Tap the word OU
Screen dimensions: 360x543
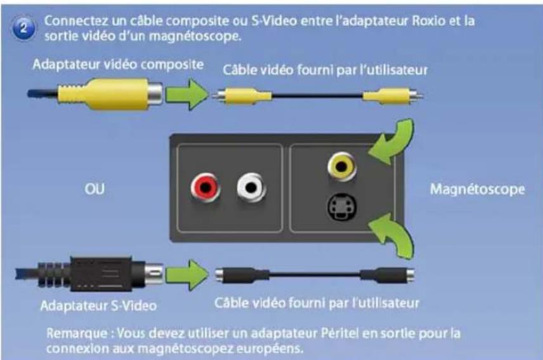[95, 189]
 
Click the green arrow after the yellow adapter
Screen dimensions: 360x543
[188, 95]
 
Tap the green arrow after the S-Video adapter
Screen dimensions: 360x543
[188, 275]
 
